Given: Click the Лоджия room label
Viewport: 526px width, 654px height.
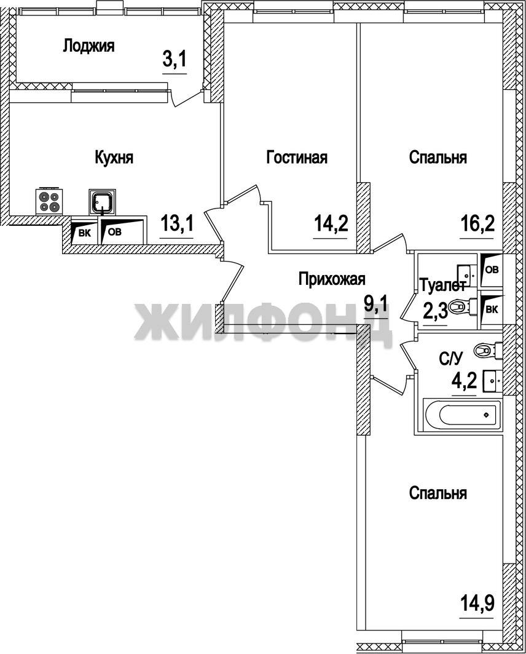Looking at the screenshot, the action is pyautogui.click(x=88, y=46).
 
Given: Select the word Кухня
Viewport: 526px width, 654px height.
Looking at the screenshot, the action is pyautogui.click(x=114, y=158).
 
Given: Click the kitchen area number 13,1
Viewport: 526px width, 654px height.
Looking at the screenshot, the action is pyautogui.click(x=176, y=225).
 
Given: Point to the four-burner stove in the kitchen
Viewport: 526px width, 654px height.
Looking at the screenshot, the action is pyautogui.click(x=49, y=201).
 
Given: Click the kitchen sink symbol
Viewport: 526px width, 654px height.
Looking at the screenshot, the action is pyautogui.click(x=102, y=201).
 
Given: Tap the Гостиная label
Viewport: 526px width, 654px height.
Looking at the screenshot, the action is pyautogui.click(x=297, y=158).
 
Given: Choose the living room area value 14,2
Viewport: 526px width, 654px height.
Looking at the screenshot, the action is pyautogui.click(x=331, y=225).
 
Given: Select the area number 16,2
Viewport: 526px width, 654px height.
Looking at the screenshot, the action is pyautogui.click(x=477, y=225).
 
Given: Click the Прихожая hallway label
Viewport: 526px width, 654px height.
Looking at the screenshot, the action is pyautogui.click(x=331, y=279).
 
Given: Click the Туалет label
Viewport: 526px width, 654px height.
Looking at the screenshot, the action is pyautogui.click(x=442, y=285).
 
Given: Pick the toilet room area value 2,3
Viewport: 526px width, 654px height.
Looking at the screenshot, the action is pyautogui.click(x=435, y=310).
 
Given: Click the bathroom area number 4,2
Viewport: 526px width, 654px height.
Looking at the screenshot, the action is pyautogui.click(x=464, y=380).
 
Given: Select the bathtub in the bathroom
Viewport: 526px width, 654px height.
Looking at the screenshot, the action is pyautogui.click(x=462, y=415).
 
